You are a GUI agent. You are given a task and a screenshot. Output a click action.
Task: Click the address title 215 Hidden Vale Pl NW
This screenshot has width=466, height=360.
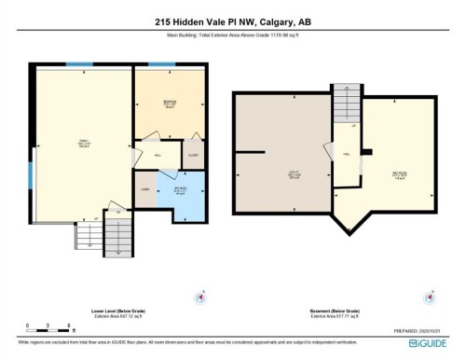click(x=232, y=22)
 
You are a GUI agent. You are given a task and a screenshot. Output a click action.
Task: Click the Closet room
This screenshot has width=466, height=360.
click(x=192, y=156)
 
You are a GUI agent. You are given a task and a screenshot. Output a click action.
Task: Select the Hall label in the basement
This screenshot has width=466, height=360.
click(x=345, y=155)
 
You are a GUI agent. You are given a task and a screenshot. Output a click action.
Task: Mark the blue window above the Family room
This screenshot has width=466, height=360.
click(x=85, y=64)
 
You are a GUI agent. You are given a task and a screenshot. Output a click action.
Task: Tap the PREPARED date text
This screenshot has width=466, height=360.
click(x=412, y=329)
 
